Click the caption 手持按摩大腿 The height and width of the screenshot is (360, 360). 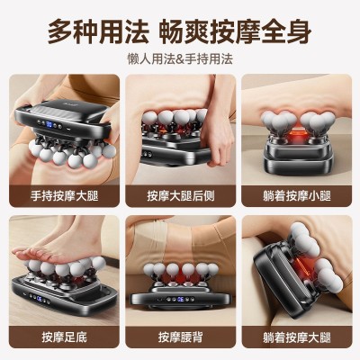[x=64, y=196]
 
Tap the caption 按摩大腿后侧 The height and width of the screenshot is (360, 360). [x=181, y=196]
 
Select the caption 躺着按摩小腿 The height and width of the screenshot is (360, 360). [x=297, y=196]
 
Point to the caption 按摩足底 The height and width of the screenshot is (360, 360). [x=64, y=337]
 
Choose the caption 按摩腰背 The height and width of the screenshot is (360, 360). [x=181, y=337]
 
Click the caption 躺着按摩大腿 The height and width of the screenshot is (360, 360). [x=297, y=337]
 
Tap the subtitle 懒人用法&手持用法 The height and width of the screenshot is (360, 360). [x=180, y=58]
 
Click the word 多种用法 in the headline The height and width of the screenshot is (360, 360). [x=98, y=31]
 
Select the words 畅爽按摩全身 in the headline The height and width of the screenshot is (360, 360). [x=235, y=31]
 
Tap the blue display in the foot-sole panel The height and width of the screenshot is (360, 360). [x=40, y=299]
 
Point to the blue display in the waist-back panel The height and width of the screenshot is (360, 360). [x=181, y=299]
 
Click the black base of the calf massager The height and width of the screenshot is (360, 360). [x=297, y=160]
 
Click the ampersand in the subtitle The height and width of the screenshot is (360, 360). [x=180, y=59]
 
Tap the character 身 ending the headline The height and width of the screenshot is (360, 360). [x=299, y=31]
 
